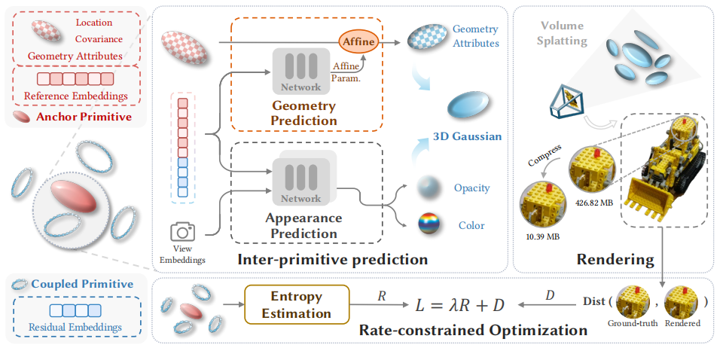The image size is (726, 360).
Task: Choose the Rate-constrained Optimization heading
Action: (x=473, y=330)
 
